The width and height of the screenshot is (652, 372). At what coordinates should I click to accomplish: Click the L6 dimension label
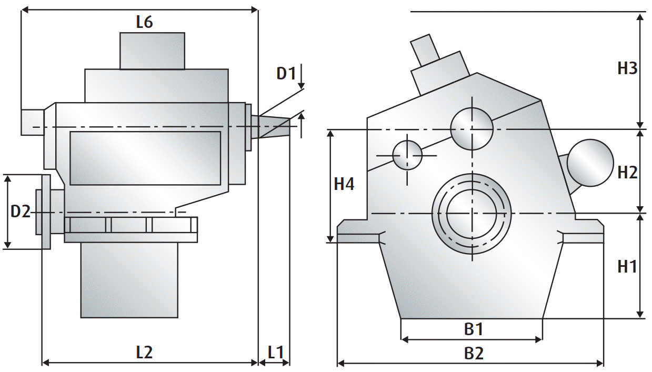click(144, 22)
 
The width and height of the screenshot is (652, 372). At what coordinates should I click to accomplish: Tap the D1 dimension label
click(286, 73)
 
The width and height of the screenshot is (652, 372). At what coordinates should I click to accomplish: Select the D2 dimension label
click(21, 212)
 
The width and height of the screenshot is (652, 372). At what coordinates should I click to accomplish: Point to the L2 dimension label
click(144, 352)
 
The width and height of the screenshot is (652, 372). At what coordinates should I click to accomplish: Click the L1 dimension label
click(275, 352)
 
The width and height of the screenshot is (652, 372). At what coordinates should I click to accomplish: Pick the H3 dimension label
click(627, 68)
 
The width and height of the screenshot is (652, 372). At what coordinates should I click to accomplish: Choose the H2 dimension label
click(627, 172)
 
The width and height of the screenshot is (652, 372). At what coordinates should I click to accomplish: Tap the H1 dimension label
click(627, 266)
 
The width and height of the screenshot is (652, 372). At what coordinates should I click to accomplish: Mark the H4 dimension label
click(344, 184)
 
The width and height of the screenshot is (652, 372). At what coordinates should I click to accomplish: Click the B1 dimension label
click(474, 329)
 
